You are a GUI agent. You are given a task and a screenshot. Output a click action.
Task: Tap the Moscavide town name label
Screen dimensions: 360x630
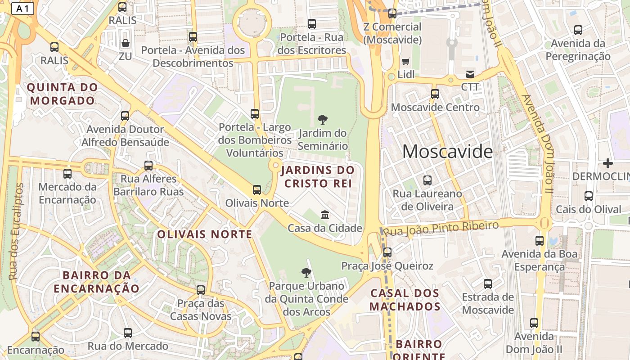tap(447, 152)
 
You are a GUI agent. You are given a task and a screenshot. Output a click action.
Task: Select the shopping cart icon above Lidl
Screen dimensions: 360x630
tap(406, 62)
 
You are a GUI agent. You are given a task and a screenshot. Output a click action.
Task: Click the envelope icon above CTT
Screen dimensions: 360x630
tap(470, 74)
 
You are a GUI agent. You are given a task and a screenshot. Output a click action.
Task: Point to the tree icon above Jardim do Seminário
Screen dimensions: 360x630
tap(323, 120)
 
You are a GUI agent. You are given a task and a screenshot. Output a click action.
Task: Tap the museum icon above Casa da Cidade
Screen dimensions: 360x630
tap(325, 215)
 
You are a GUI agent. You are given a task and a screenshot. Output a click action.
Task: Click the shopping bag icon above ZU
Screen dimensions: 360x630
tap(126, 43)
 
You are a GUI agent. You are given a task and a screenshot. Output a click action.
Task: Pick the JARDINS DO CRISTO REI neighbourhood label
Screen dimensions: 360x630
tap(318, 177)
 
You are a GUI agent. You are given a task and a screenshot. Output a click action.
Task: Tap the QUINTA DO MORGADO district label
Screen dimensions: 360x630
tap(63, 94)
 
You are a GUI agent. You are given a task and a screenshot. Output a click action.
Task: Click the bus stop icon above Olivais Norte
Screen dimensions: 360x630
tap(257, 190)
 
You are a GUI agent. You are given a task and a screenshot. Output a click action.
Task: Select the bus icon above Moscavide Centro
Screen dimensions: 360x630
tap(435, 94)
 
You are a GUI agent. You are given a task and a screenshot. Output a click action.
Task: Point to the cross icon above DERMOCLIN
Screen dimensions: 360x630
tap(608, 163)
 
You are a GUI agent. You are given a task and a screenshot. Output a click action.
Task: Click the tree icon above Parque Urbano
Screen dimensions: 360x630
tap(306, 272)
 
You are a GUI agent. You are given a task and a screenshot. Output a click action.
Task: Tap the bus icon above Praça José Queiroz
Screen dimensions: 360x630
tap(387, 252)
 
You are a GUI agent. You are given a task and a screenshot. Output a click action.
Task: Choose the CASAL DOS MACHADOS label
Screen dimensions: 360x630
tap(405, 300)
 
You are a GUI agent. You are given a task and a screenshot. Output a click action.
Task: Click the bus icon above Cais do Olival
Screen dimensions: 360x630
tap(589, 196)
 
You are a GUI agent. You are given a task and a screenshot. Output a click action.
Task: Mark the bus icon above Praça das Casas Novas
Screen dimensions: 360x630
tap(201, 290)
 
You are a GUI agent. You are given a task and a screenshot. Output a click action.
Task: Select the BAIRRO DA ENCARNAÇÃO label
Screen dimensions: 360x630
tap(96, 282)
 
